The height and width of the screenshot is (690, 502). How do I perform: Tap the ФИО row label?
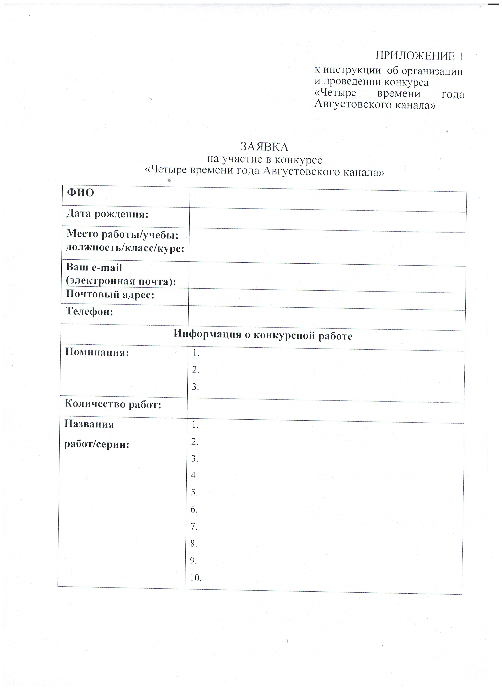(x=80, y=193)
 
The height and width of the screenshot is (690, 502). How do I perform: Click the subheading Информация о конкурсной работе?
(x=263, y=335)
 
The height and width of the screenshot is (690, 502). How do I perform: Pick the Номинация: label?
(x=97, y=352)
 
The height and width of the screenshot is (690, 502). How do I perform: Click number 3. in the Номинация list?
(x=195, y=387)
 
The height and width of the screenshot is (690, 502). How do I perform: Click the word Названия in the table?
(x=89, y=424)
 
